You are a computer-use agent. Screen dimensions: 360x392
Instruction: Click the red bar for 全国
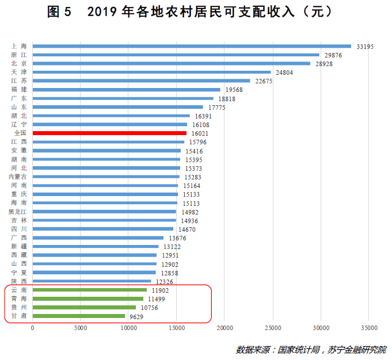pyautogui.click(x=109, y=133)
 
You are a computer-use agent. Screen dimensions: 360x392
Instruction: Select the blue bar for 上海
pyautogui.click(x=192, y=46)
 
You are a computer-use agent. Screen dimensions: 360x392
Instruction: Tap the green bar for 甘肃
pyautogui.click(x=79, y=316)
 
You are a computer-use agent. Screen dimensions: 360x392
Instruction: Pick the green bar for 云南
pyautogui.click(x=90, y=290)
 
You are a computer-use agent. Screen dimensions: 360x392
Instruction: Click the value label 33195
pyautogui.click(x=366, y=46)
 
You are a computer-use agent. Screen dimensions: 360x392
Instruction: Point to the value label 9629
pyautogui.click(x=136, y=316)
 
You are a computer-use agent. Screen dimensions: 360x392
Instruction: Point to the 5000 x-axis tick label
pyautogui.click(x=81, y=328)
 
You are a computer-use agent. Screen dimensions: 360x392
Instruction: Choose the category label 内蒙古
pyautogui.click(x=18, y=177)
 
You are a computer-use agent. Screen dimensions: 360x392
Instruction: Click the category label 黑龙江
pyautogui.click(x=18, y=212)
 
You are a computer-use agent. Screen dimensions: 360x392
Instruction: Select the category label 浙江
pyautogui.click(x=18, y=55)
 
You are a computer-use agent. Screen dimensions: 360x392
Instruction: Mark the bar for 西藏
pyautogui.click(x=94, y=255)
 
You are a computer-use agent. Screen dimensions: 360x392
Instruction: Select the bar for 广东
pyautogui.click(x=123, y=98)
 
